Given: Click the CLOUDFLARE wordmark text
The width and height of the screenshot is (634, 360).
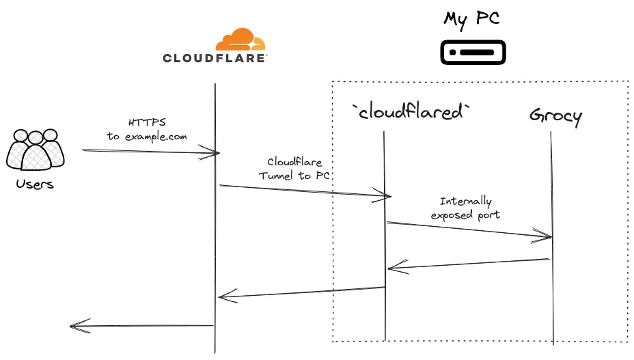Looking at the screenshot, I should click(x=215, y=59).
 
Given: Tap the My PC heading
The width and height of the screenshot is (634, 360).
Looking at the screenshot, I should click(x=471, y=18).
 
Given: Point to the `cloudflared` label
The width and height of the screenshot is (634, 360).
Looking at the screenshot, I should click(x=411, y=112).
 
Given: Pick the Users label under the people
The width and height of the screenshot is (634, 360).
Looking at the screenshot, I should click(x=35, y=184).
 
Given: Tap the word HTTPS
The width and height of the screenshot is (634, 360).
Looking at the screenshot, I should click(x=146, y=122).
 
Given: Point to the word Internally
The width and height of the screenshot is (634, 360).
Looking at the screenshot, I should click(x=465, y=202).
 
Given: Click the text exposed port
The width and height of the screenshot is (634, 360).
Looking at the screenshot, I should click(x=465, y=214).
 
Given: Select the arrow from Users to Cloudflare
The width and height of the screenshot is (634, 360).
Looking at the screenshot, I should click(x=150, y=151).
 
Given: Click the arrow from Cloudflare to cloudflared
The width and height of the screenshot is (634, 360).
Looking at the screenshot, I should click(x=305, y=191).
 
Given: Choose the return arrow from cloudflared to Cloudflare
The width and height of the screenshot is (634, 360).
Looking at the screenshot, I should click(x=301, y=292).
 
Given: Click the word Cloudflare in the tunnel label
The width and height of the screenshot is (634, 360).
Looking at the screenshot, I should click(x=294, y=162).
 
